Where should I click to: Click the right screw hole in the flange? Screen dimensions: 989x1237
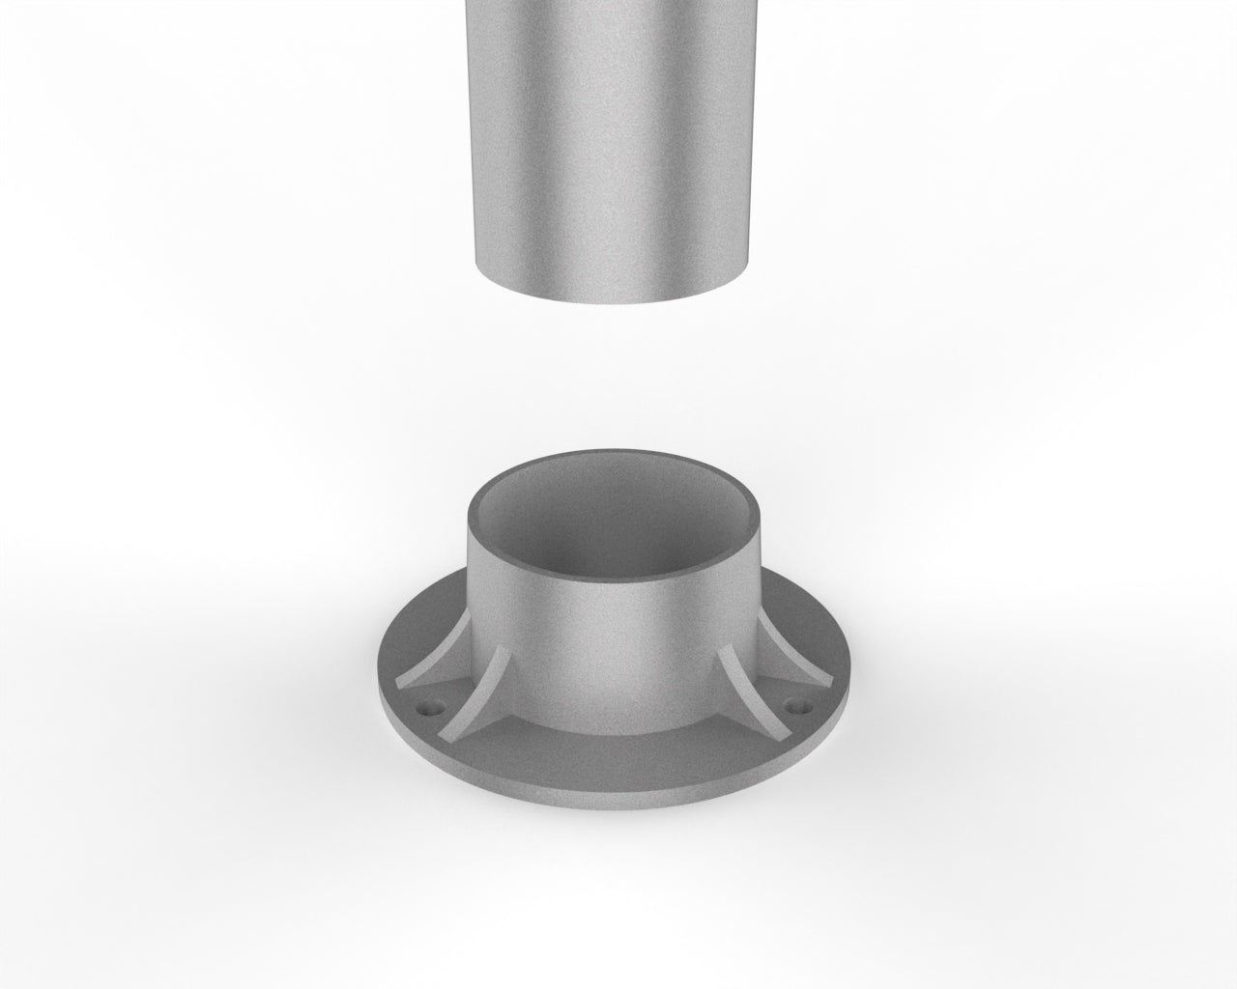coord(797,706)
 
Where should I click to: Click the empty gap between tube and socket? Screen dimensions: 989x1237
coord(614,386)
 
